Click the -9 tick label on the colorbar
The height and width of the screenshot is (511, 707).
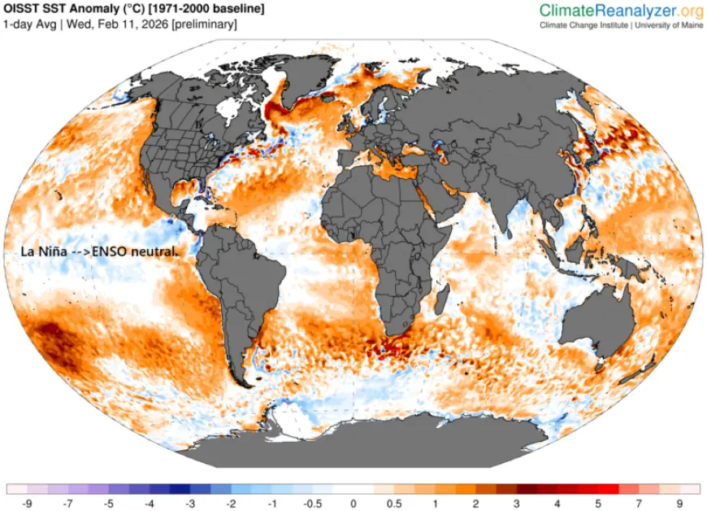click(28, 504)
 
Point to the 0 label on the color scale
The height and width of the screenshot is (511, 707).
click(353, 504)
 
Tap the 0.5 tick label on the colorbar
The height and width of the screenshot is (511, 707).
click(394, 504)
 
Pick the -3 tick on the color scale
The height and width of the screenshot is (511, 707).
click(190, 504)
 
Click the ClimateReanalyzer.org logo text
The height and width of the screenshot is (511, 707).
click(621, 11)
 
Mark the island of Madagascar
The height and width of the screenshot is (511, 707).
click(439, 301)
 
